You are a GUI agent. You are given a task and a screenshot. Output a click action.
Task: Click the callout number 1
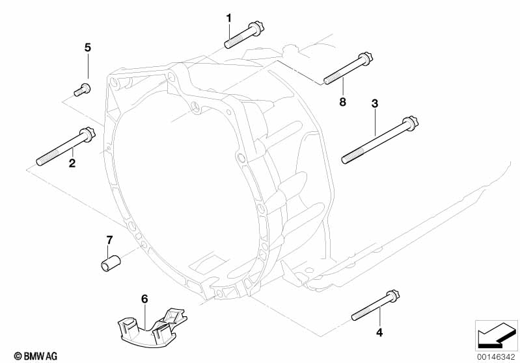coord(229,18)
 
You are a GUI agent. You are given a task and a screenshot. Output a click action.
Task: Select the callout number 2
coord(72,163)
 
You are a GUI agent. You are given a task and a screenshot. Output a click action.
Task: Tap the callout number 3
coord(375,103)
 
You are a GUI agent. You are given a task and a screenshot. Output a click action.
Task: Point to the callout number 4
coord(379,332)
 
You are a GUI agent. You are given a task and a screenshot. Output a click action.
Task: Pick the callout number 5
coord(87,47)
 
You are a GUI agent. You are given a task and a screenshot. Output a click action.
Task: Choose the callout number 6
coord(144,299)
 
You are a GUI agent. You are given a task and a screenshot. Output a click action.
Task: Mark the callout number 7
coord(109,240)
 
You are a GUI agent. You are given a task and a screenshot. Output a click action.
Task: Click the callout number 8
coord(342,101)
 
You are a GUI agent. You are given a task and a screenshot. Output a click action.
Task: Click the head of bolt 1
coord(256,29)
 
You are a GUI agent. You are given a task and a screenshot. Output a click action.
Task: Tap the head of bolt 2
coord(87,134)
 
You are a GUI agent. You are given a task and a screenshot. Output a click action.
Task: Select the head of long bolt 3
coord(410,123)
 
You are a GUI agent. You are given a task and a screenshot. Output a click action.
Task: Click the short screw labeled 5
coord(82,90)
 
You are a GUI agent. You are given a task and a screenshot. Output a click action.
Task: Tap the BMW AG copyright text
coord(36,356)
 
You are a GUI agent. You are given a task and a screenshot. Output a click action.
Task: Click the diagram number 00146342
coord(496,358)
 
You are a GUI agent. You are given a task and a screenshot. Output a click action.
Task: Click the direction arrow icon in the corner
coord(496,335)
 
